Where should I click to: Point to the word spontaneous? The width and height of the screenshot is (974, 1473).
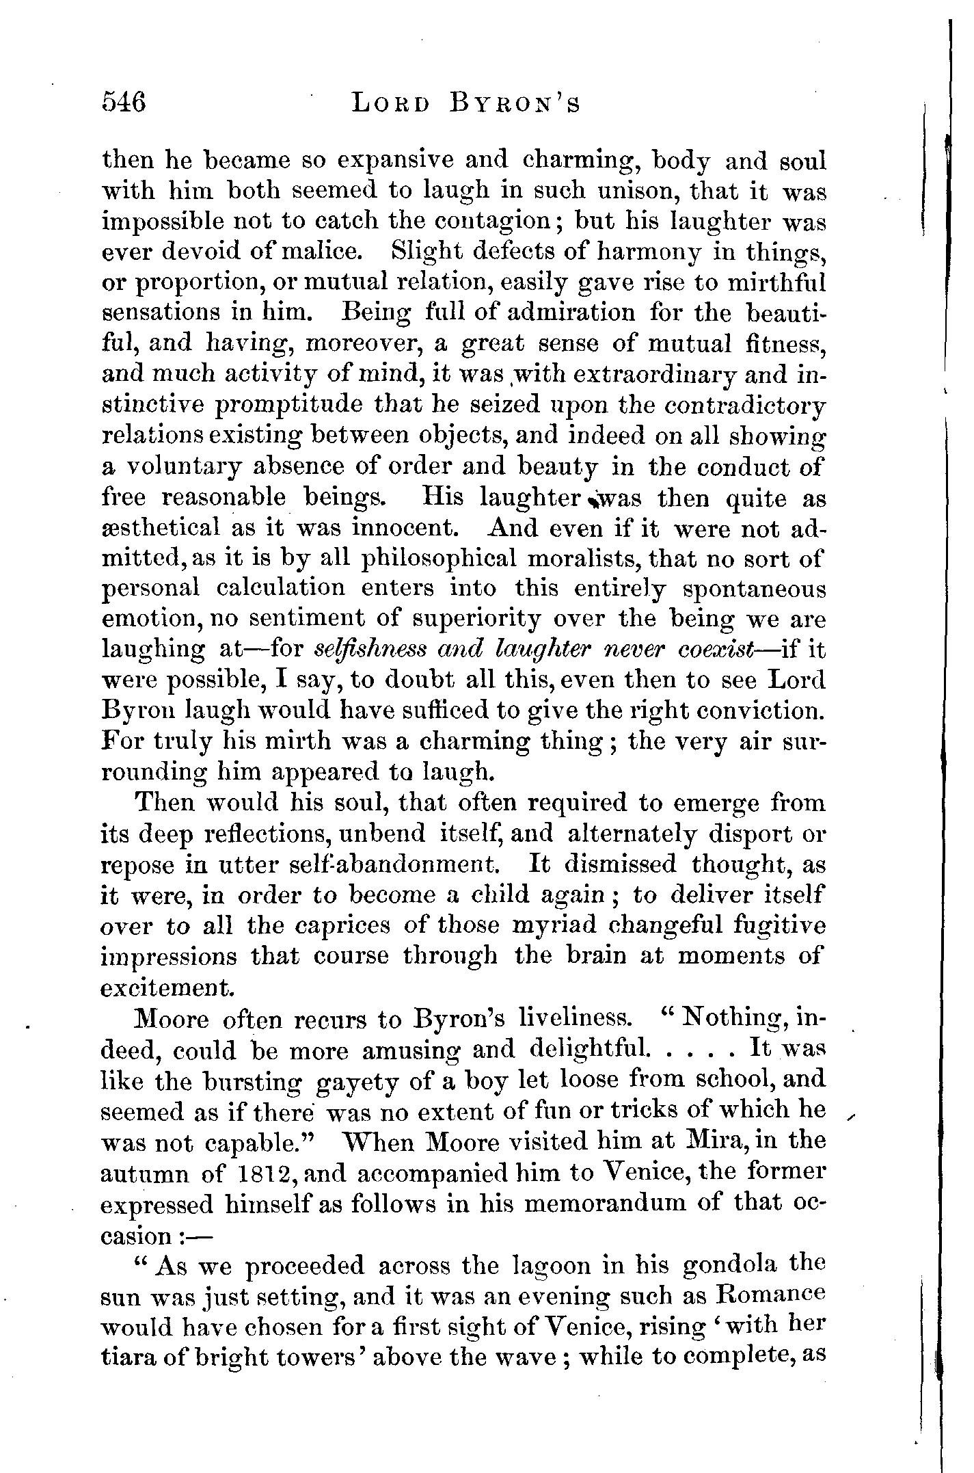point(754,589)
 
